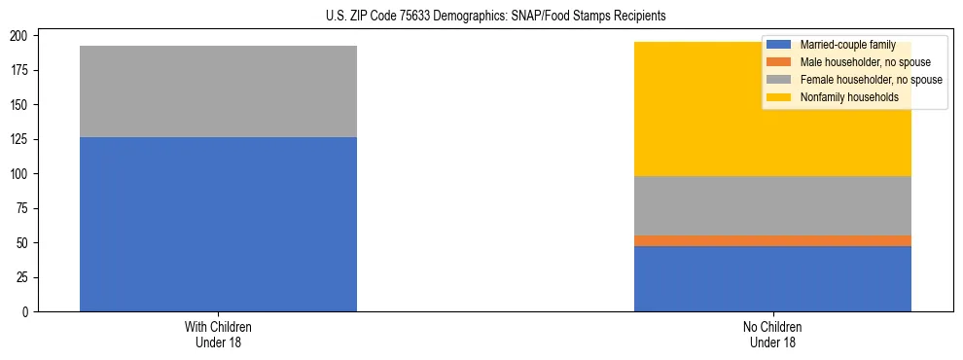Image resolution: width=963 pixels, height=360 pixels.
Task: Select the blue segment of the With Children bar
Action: (218, 224)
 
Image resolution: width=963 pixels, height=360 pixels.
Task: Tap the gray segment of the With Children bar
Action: (218, 91)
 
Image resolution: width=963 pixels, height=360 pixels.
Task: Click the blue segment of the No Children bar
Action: (772, 278)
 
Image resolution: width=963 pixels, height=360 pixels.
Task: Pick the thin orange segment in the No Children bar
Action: (772, 240)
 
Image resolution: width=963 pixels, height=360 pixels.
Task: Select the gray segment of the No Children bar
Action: (772, 205)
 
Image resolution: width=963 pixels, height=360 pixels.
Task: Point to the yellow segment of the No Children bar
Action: (772, 136)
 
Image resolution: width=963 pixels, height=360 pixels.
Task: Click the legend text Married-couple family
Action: (847, 45)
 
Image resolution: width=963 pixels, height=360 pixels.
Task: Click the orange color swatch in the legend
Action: (779, 62)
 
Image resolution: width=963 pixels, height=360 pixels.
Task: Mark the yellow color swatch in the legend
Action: (779, 97)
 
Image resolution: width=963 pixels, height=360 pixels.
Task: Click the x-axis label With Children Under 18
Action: (218, 334)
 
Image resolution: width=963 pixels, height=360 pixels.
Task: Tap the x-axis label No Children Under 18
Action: (772, 334)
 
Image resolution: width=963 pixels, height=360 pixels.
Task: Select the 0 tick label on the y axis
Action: (28, 311)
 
